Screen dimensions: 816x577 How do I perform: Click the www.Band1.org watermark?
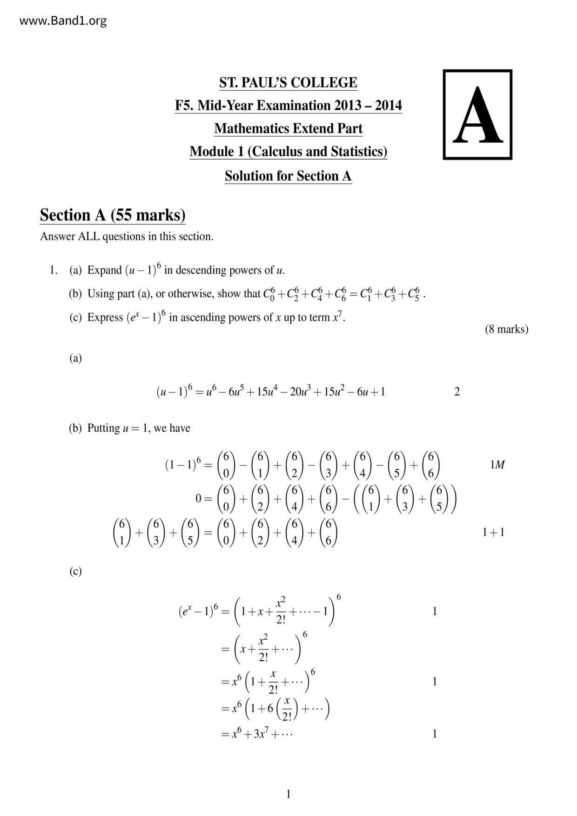pyautogui.click(x=63, y=21)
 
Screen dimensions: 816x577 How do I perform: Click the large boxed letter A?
pyautogui.click(x=477, y=115)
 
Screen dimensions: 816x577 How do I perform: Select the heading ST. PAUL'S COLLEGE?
pyautogui.click(x=288, y=83)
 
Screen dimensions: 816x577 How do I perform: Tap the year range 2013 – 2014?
pyautogui.click(x=368, y=106)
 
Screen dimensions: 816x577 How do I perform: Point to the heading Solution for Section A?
pyautogui.click(x=288, y=176)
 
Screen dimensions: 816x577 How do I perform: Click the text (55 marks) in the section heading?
pyautogui.click(x=148, y=215)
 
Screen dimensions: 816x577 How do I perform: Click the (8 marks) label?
pyautogui.click(x=506, y=329)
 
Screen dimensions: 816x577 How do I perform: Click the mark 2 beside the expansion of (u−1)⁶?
pyautogui.click(x=456, y=392)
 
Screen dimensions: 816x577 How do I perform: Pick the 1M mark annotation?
pyautogui.click(x=497, y=465)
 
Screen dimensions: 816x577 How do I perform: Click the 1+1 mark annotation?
pyautogui.click(x=493, y=532)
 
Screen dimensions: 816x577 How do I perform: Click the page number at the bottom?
pyautogui.click(x=288, y=794)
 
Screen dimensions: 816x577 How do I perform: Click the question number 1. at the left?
pyautogui.click(x=53, y=270)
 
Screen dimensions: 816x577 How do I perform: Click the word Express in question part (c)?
pyautogui.click(x=105, y=318)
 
